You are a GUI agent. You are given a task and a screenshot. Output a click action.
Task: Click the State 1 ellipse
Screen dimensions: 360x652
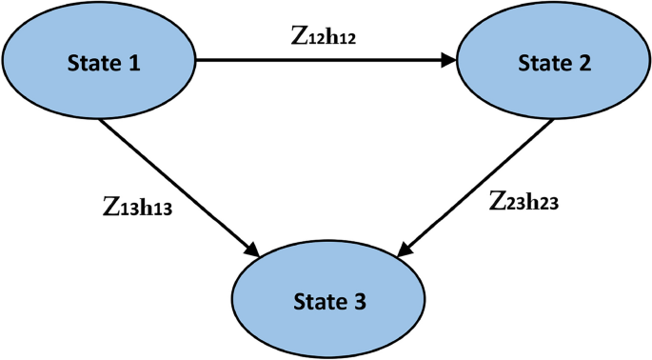coord(99,62)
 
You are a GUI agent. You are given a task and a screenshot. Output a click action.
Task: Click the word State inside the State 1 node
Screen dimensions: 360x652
coord(89,63)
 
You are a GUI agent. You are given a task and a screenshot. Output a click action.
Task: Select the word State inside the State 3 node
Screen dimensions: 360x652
coord(317,303)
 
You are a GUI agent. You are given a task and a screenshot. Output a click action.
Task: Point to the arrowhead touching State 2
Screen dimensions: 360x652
coord(448,60)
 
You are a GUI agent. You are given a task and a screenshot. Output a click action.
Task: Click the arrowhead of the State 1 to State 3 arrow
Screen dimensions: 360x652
coord(253,250)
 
